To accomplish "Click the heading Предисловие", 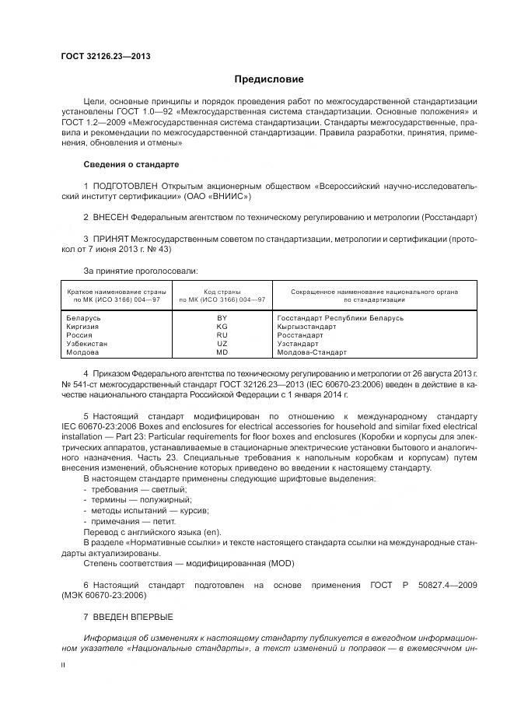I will pyautogui.click(x=269, y=79).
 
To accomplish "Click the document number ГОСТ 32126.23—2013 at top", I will pyautogui.click(x=106, y=56).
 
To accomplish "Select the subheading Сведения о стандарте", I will pyautogui.click(x=131, y=165).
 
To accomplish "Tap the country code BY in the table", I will pyautogui.click(x=222, y=318).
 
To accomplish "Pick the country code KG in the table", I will pyautogui.click(x=222, y=327).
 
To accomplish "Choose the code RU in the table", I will pyautogui.click(x=222, y=335).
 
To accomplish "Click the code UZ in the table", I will pyautogui.click(x=222, y=344).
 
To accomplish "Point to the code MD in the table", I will pyautogui.click(x=222, y=352).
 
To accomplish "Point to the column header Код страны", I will pyautogui.click(x=222, y=292).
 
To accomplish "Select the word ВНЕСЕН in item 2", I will pyautogui.click(x=110, y=216).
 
